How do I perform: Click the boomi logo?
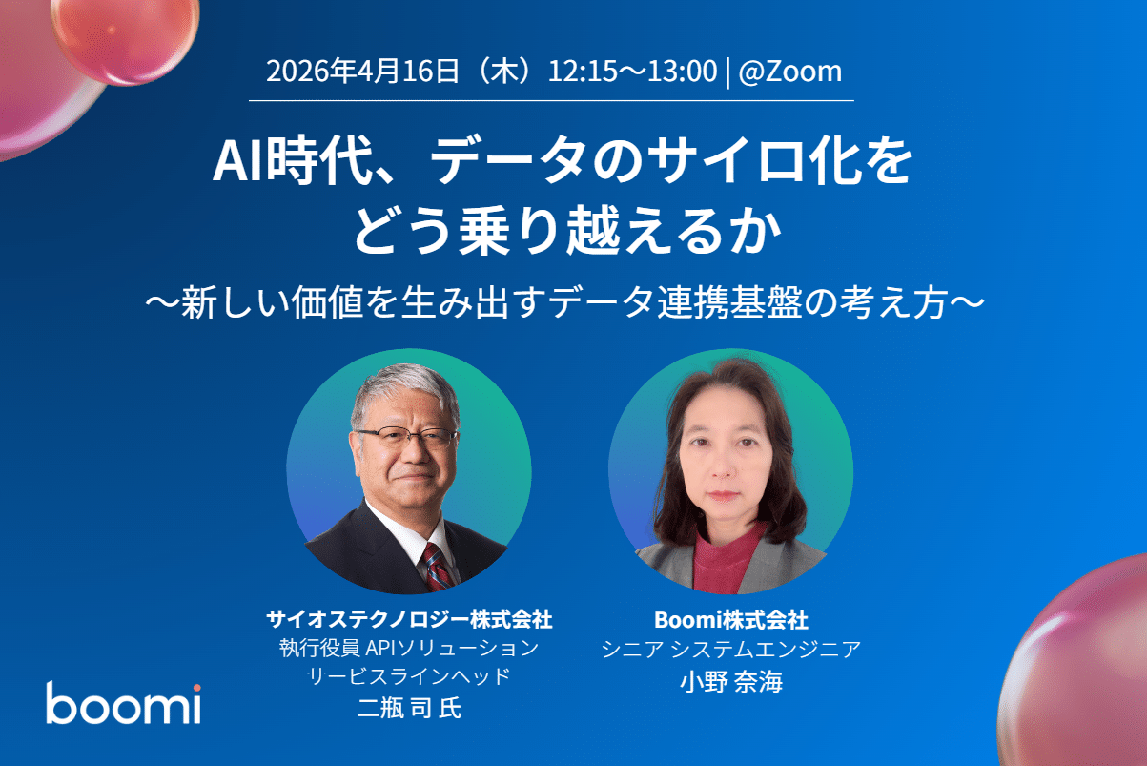pos(123,704)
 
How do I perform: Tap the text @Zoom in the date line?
pos(789,72)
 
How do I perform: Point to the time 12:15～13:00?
pos(632,72)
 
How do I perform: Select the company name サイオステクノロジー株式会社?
pos(409,619)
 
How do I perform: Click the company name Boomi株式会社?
pos(731,620)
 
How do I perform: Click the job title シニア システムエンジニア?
pos(731,651)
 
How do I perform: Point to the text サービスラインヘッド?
pos(409,678)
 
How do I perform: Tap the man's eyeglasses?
pos(405,438)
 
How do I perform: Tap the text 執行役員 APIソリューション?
pos(409,649)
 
